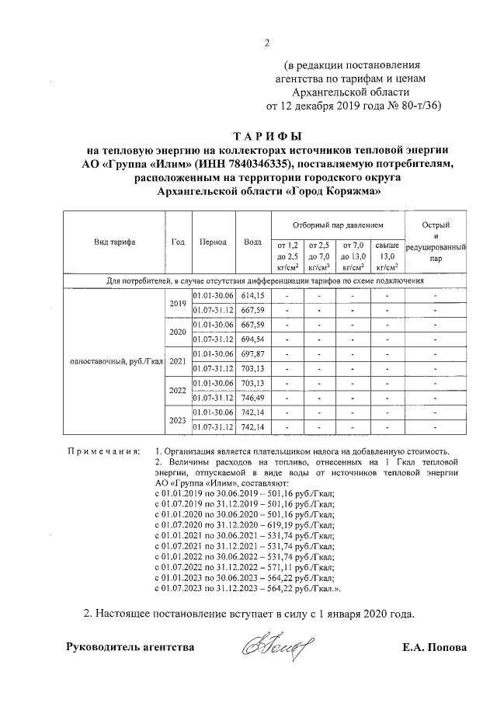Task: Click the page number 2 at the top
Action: click(266, 43)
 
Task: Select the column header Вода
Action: click(252, 242)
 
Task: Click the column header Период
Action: click(213, 242)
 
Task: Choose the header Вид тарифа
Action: click(114, 242)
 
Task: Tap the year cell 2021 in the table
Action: click(177, 361)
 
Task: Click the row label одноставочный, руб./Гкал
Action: click(115, 361)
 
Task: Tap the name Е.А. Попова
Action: click(434, 646)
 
